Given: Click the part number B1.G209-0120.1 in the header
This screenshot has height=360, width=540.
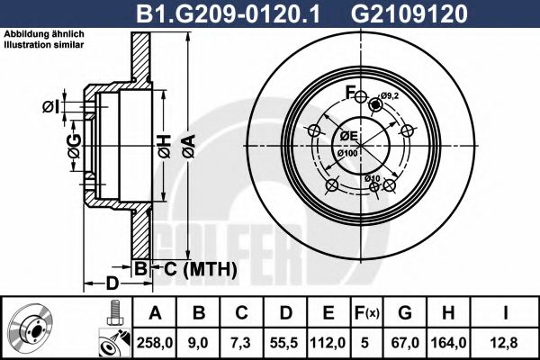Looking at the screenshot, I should click(x=255, y=13).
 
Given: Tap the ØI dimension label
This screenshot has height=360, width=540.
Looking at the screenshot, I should click(x=51, y=107).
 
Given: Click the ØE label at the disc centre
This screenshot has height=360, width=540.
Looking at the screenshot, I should click(x=348, y=136).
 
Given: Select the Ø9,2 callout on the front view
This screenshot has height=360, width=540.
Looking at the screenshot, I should click(x=389, y=96).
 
